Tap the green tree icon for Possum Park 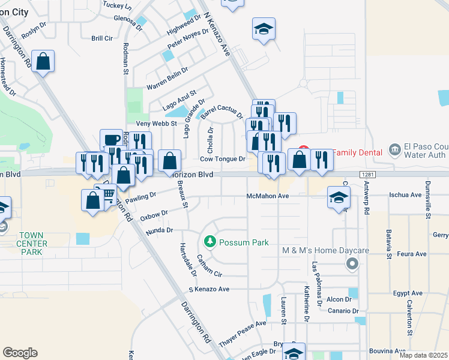210,242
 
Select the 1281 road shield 369,174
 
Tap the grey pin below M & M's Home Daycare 352,263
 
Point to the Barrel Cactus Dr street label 221,110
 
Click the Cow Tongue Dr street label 223,159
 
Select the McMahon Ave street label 268,196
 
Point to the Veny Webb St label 157,124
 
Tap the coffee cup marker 111,139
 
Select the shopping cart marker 108,194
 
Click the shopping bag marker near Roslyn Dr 43,61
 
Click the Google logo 20,353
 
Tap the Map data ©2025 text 423,355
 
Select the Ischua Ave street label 405,195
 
